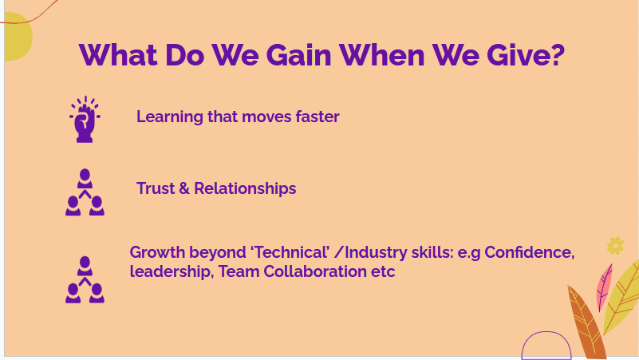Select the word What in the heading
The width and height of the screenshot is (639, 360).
click(119, 55)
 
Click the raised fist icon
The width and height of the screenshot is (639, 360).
click(85, 120)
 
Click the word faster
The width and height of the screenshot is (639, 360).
click(318, 117)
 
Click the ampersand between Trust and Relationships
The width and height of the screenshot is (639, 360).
click(184, 189)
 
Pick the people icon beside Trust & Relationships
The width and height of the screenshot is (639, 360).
click(85, 192)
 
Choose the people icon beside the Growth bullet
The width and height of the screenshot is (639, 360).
click(85, 279)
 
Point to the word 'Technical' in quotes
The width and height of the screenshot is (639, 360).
click(290, 253)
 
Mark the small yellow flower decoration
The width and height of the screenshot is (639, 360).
click(615, 245)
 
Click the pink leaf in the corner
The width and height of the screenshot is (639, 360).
click(604, 286)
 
